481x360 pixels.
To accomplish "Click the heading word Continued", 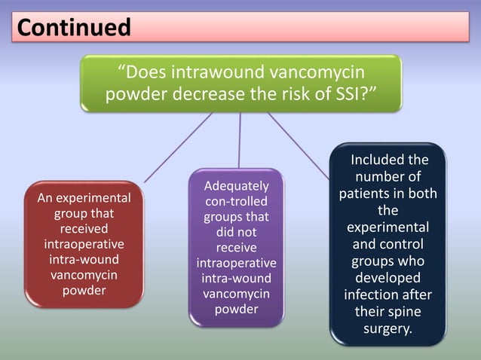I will pos(74,28).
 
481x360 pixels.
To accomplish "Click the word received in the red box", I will pos(83,229).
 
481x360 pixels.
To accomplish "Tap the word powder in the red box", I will pos(83,291).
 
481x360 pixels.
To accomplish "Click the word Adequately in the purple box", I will pos(236,185).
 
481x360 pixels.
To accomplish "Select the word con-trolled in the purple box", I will pos(236,201).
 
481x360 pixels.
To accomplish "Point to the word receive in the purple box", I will pos(236,248).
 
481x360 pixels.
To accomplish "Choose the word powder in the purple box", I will pos(236,310).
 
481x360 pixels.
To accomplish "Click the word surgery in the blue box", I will pos(386,328).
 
